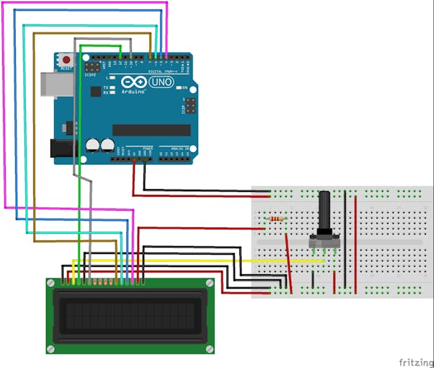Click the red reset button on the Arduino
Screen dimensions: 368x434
(66, 59)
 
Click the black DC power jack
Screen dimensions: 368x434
(62, 148)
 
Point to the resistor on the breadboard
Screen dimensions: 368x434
(275, 219)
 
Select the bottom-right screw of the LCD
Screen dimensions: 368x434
(210, 347)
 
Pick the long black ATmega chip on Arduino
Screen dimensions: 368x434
(151, 129)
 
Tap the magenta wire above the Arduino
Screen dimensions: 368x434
(87, 3)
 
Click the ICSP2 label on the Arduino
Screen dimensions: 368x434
(90, 74)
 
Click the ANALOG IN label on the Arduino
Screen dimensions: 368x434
(176, 148)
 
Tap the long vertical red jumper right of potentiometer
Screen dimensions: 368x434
(354, 238)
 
